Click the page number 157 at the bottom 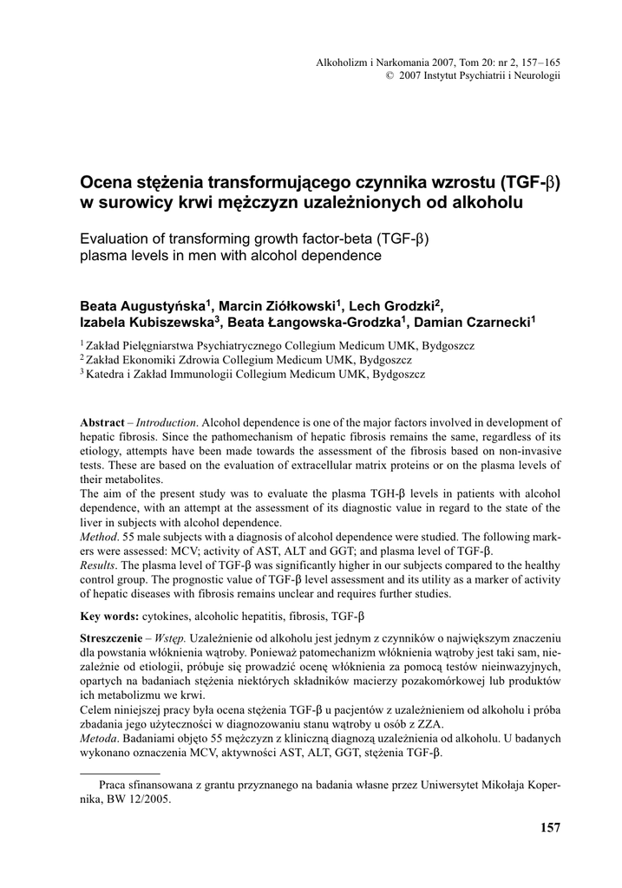pyautogui.click(x=550, y=827)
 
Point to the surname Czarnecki pyautogui.click(x=494, y=323)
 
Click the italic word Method pyautogui.click(x=98, y=538)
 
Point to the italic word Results pyautogui.click(x=100, y=566)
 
